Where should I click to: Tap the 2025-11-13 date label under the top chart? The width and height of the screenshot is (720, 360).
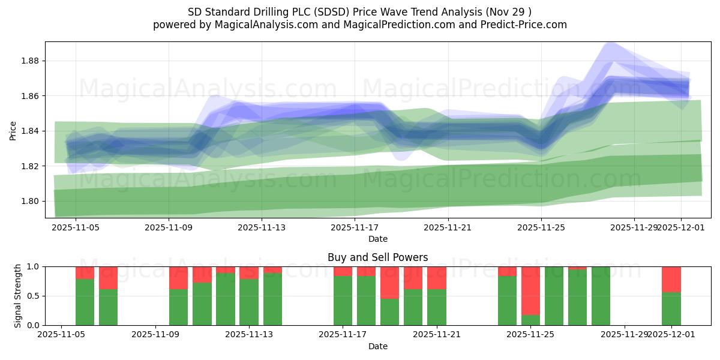coord(262,228)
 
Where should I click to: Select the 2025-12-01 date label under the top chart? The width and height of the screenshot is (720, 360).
coord(680,228)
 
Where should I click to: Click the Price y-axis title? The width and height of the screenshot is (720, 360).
coord(13,131)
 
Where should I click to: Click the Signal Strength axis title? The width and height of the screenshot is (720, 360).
coord(18,295)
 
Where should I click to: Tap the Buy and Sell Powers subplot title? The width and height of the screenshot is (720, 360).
coord(377,257)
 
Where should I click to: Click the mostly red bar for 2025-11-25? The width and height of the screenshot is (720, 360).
coord(530,290)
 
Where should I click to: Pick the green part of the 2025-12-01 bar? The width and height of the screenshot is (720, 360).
coord(671,308)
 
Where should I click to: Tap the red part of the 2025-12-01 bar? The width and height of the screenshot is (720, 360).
coord(671,279)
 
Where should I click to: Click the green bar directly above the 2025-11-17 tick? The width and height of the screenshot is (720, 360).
coord(343,300)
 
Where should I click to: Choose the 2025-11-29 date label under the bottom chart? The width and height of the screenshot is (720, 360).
coord(624,335)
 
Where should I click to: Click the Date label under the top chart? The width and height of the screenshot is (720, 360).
coord(377,239)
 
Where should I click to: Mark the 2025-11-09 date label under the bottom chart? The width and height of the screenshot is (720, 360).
coord(155,335)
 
